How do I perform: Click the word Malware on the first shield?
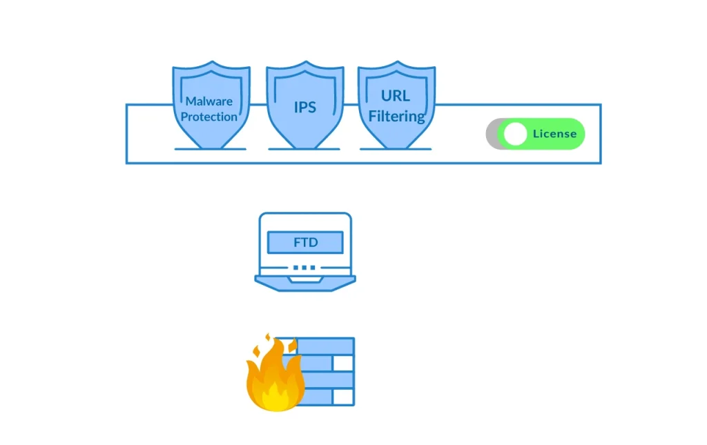[x=209, y=101]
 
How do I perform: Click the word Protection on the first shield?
[x=209, y=117]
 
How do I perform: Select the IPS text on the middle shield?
[x=304, y=108]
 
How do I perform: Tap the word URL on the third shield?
[x=396, y=95]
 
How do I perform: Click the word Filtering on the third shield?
[x=396, y=116]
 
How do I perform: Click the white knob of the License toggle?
[x=515, y=134]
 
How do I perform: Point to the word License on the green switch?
[x=554, y=134]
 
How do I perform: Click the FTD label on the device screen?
[x=304, y=242]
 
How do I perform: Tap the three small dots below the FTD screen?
[x=304, y=267]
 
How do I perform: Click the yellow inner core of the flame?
[x=277, y=397]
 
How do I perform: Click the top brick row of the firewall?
[x=325, y=345]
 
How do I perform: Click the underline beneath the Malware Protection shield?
[x=210, y=149]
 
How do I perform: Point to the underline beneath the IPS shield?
[x=304, y=149]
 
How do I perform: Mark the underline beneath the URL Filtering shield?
[x=396, y=149]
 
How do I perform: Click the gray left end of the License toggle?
[x=492, y=134]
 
